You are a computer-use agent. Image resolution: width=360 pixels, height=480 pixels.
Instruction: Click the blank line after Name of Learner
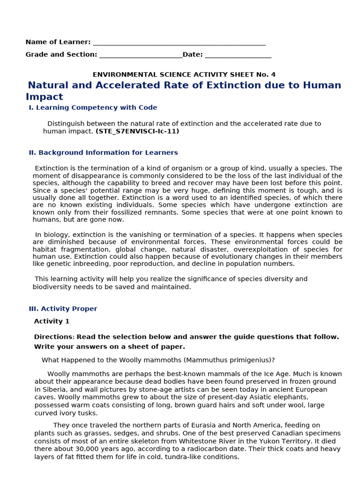(x=179, y=44)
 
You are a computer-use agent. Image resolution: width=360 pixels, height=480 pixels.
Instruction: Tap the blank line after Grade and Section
(x=141, y=56)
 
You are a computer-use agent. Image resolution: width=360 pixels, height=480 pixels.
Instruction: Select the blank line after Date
(x=238, y=56)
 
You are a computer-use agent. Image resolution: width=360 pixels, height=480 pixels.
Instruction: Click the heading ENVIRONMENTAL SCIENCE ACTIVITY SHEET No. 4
(x=184, y=75)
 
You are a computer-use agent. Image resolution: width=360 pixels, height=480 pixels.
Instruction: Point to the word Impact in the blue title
(x=44, y=97)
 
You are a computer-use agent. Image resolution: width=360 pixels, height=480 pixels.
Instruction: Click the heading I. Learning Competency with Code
(x=93, y=108)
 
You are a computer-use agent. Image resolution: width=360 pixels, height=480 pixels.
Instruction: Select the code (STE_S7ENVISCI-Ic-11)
(x=137, y=131)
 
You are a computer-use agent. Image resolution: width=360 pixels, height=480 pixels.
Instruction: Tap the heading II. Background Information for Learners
(x=103, y=153)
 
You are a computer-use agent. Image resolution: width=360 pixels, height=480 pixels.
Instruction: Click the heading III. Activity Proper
(x=63, y=309)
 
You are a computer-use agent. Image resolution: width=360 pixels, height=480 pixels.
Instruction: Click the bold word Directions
(x=53, y=337)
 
